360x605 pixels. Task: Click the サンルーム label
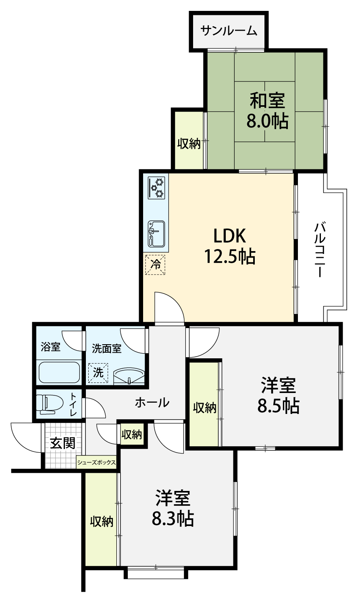point(229,31)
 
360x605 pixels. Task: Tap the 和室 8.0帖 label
point(267,110)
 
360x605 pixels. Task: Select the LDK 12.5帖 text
point(229,246)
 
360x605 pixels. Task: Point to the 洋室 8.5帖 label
point(279,396)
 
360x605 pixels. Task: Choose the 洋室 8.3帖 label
point(173,508)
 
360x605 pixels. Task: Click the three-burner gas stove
point(156,188)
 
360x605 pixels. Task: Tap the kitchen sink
point(156,234)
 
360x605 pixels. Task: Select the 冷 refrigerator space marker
point(155,265)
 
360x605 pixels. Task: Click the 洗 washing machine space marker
point(98,373)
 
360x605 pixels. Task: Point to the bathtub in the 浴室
point(59,372)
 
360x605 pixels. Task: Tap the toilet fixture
point(50,404)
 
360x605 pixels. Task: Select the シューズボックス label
point(96,462)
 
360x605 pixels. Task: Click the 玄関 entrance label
point(62,443)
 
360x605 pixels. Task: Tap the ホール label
point(152,403)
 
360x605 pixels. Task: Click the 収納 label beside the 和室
point(189,143)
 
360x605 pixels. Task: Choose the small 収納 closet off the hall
point(132,435)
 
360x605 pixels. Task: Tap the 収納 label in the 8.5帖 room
point(205,407)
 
